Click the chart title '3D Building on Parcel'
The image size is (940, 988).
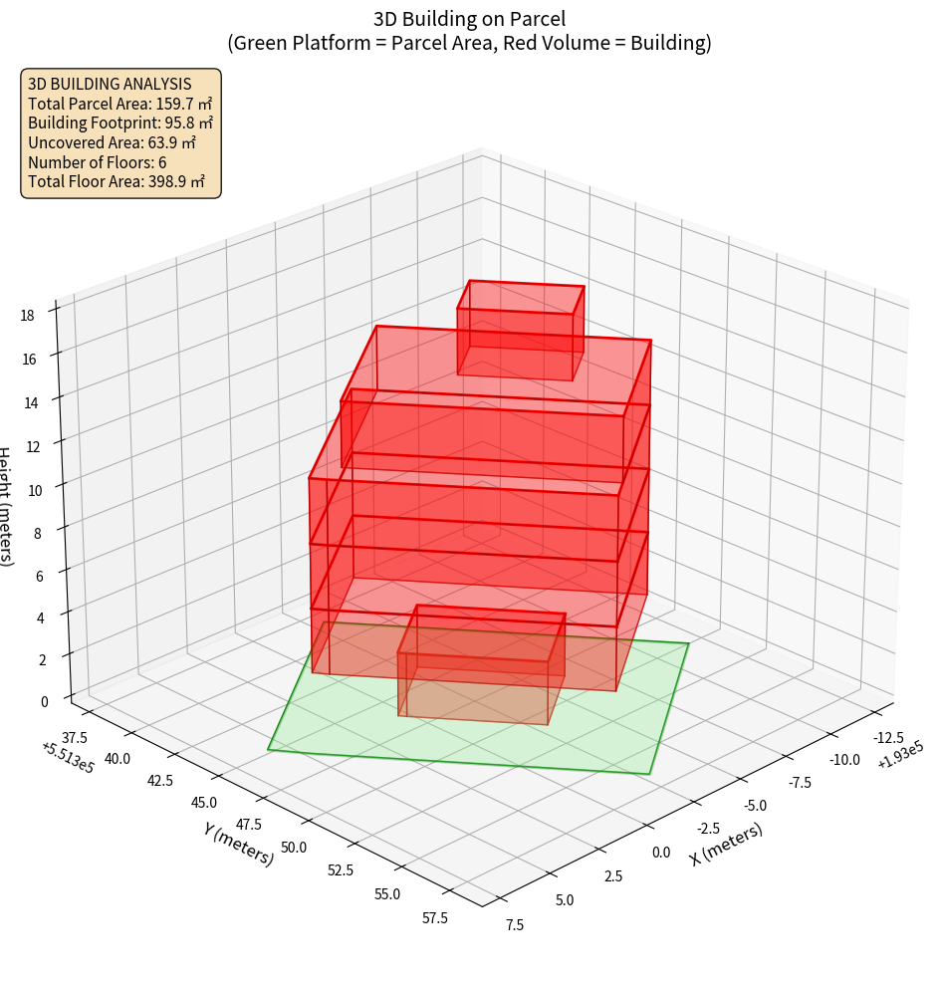(x=469, y=18)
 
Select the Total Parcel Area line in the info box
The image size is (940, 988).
(x=119, y=103)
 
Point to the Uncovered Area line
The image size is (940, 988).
(x=113, y=142)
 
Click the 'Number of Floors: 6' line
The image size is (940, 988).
(x=97, y=162)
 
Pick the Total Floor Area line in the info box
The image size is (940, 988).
(x=117, y=181)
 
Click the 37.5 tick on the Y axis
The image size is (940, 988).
(x=75, y=737)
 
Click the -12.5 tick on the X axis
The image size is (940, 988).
(x=888, y=737)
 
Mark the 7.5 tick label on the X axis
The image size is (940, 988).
(x=515, y=924)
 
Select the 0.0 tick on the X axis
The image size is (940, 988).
(x=661, y=852)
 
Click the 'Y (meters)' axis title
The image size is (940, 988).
(x=239, y=843)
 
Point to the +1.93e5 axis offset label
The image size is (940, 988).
(x=900, y=756)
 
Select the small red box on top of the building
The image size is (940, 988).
(x=520, y=331)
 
